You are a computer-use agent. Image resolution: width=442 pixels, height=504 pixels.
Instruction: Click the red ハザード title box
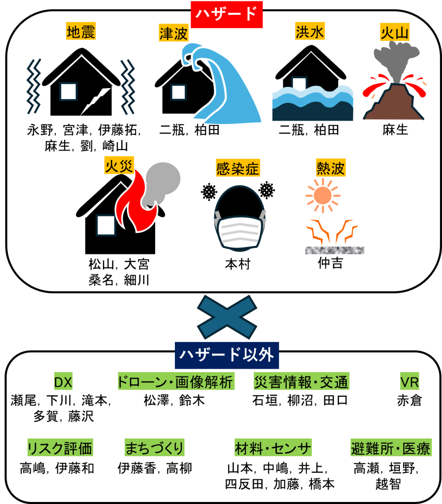[x=227, y=14]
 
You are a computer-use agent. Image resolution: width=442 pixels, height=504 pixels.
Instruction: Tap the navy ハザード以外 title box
[x=227, y=355]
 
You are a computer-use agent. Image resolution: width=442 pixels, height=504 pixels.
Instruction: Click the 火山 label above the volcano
[x=395, y=32]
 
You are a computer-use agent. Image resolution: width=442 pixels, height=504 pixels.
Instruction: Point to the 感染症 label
[x=238, y=168]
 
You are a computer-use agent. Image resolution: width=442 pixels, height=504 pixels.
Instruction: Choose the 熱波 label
[x=331, y=167]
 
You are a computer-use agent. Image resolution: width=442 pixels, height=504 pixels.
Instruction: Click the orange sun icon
[x=322, y=195]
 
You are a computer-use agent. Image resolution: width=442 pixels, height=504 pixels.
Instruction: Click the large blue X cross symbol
[x=227, y=317]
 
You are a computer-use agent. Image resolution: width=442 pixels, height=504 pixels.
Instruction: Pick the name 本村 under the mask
[x=238, y=264]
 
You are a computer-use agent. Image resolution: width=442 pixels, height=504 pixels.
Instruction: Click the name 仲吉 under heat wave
[x=330, y=263]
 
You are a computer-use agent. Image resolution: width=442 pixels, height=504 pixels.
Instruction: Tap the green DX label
[x=63, y=381]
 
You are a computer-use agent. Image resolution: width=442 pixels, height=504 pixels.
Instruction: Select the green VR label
[x=409, y=381]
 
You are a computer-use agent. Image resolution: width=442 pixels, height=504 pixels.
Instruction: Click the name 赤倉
[x=409, y=401]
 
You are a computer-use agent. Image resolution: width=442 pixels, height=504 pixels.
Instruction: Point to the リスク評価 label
[x=60, y=448]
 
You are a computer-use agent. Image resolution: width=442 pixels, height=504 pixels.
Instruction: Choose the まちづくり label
[x=154, y=448]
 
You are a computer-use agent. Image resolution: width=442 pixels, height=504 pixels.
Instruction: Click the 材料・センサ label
[x=273, y=448]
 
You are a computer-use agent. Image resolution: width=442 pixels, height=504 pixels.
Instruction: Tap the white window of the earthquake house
[x=68, y=91]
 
